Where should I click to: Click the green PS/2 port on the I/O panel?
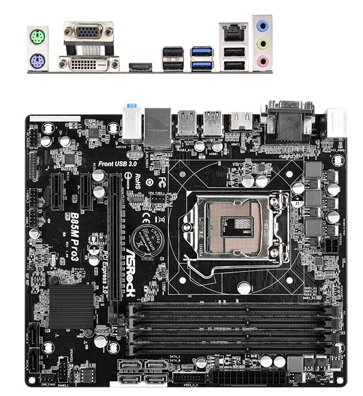[36, 38]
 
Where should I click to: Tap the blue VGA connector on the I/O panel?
[89, 32]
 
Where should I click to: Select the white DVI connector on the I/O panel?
[89, 63]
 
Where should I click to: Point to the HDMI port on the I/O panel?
[140, 67]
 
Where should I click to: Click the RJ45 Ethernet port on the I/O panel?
[233, 33]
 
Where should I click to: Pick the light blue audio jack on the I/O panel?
[262, 26]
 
